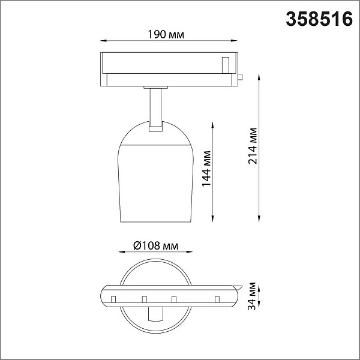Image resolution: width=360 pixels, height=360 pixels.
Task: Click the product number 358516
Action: (319, 19)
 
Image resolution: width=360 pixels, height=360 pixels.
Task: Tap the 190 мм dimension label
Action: (166, 35)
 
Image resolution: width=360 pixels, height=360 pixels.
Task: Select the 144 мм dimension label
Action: (206, 169)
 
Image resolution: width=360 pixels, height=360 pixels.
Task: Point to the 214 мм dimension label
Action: (253, 146)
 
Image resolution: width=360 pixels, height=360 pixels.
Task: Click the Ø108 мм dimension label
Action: (155, 245)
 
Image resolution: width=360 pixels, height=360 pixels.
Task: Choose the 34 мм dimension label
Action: (252, 296)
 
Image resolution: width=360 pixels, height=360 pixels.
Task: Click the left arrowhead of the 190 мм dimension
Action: (103, 41)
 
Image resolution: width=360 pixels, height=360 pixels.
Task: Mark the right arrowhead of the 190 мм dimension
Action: (234, 41)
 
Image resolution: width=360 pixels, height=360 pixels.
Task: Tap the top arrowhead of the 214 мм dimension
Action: (259, 77)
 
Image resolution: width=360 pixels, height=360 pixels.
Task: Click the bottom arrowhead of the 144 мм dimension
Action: (212, 219)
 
